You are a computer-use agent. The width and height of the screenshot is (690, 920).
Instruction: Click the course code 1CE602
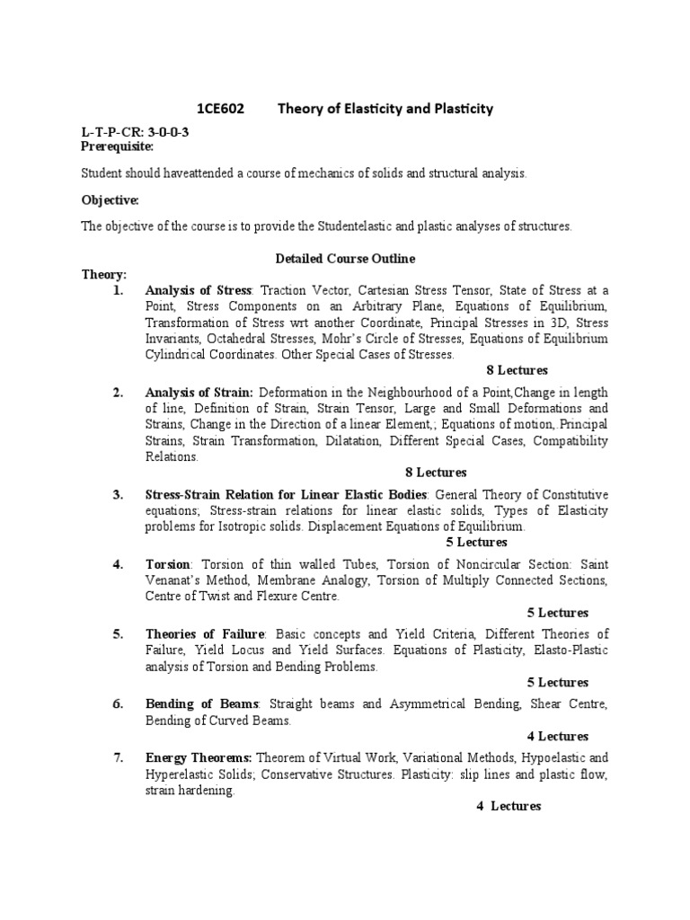click(221, 109)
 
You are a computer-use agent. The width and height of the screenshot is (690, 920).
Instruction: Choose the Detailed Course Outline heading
click(344, 259)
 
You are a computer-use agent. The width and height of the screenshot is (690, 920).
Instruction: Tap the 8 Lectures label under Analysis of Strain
click(437, 473)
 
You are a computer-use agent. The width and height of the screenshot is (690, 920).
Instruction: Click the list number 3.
click(118, 495)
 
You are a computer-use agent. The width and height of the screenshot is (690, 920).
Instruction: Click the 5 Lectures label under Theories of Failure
click(558, 683)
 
